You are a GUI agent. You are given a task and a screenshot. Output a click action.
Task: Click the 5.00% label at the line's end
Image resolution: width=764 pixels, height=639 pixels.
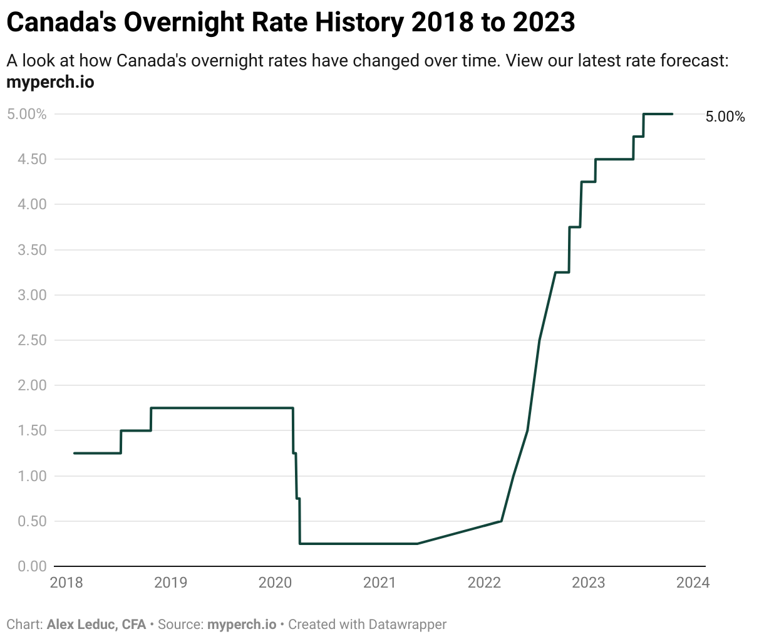(725, 117)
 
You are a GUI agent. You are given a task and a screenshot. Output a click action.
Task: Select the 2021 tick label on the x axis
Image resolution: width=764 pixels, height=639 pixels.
(379, 583)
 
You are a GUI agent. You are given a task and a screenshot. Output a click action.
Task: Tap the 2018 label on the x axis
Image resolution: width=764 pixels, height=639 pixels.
(66, 583)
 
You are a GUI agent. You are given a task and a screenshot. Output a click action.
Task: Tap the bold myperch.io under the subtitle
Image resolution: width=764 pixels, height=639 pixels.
(50, 82)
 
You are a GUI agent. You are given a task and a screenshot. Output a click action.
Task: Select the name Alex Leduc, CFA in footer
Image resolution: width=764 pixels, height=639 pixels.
(96, 625)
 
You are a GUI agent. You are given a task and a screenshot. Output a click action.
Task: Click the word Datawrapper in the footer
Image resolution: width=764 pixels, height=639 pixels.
(408, 625)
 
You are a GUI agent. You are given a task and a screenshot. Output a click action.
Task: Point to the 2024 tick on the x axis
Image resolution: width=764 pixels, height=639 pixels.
(693, 583)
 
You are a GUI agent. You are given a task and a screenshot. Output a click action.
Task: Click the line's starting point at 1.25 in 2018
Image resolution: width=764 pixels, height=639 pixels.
(75, 453)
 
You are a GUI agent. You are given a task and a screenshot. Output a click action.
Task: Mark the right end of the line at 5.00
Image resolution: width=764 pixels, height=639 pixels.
(672, 114)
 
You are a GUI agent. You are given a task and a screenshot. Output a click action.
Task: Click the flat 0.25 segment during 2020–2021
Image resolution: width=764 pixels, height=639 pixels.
(357, 544)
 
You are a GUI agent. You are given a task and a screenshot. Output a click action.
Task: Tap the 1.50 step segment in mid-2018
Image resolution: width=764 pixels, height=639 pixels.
(135, 430)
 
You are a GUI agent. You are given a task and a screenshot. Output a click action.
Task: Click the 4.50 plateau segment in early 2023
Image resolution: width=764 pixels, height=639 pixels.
(614, 159)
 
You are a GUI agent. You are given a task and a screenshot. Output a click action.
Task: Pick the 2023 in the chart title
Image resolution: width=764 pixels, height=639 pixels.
(542, 23)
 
